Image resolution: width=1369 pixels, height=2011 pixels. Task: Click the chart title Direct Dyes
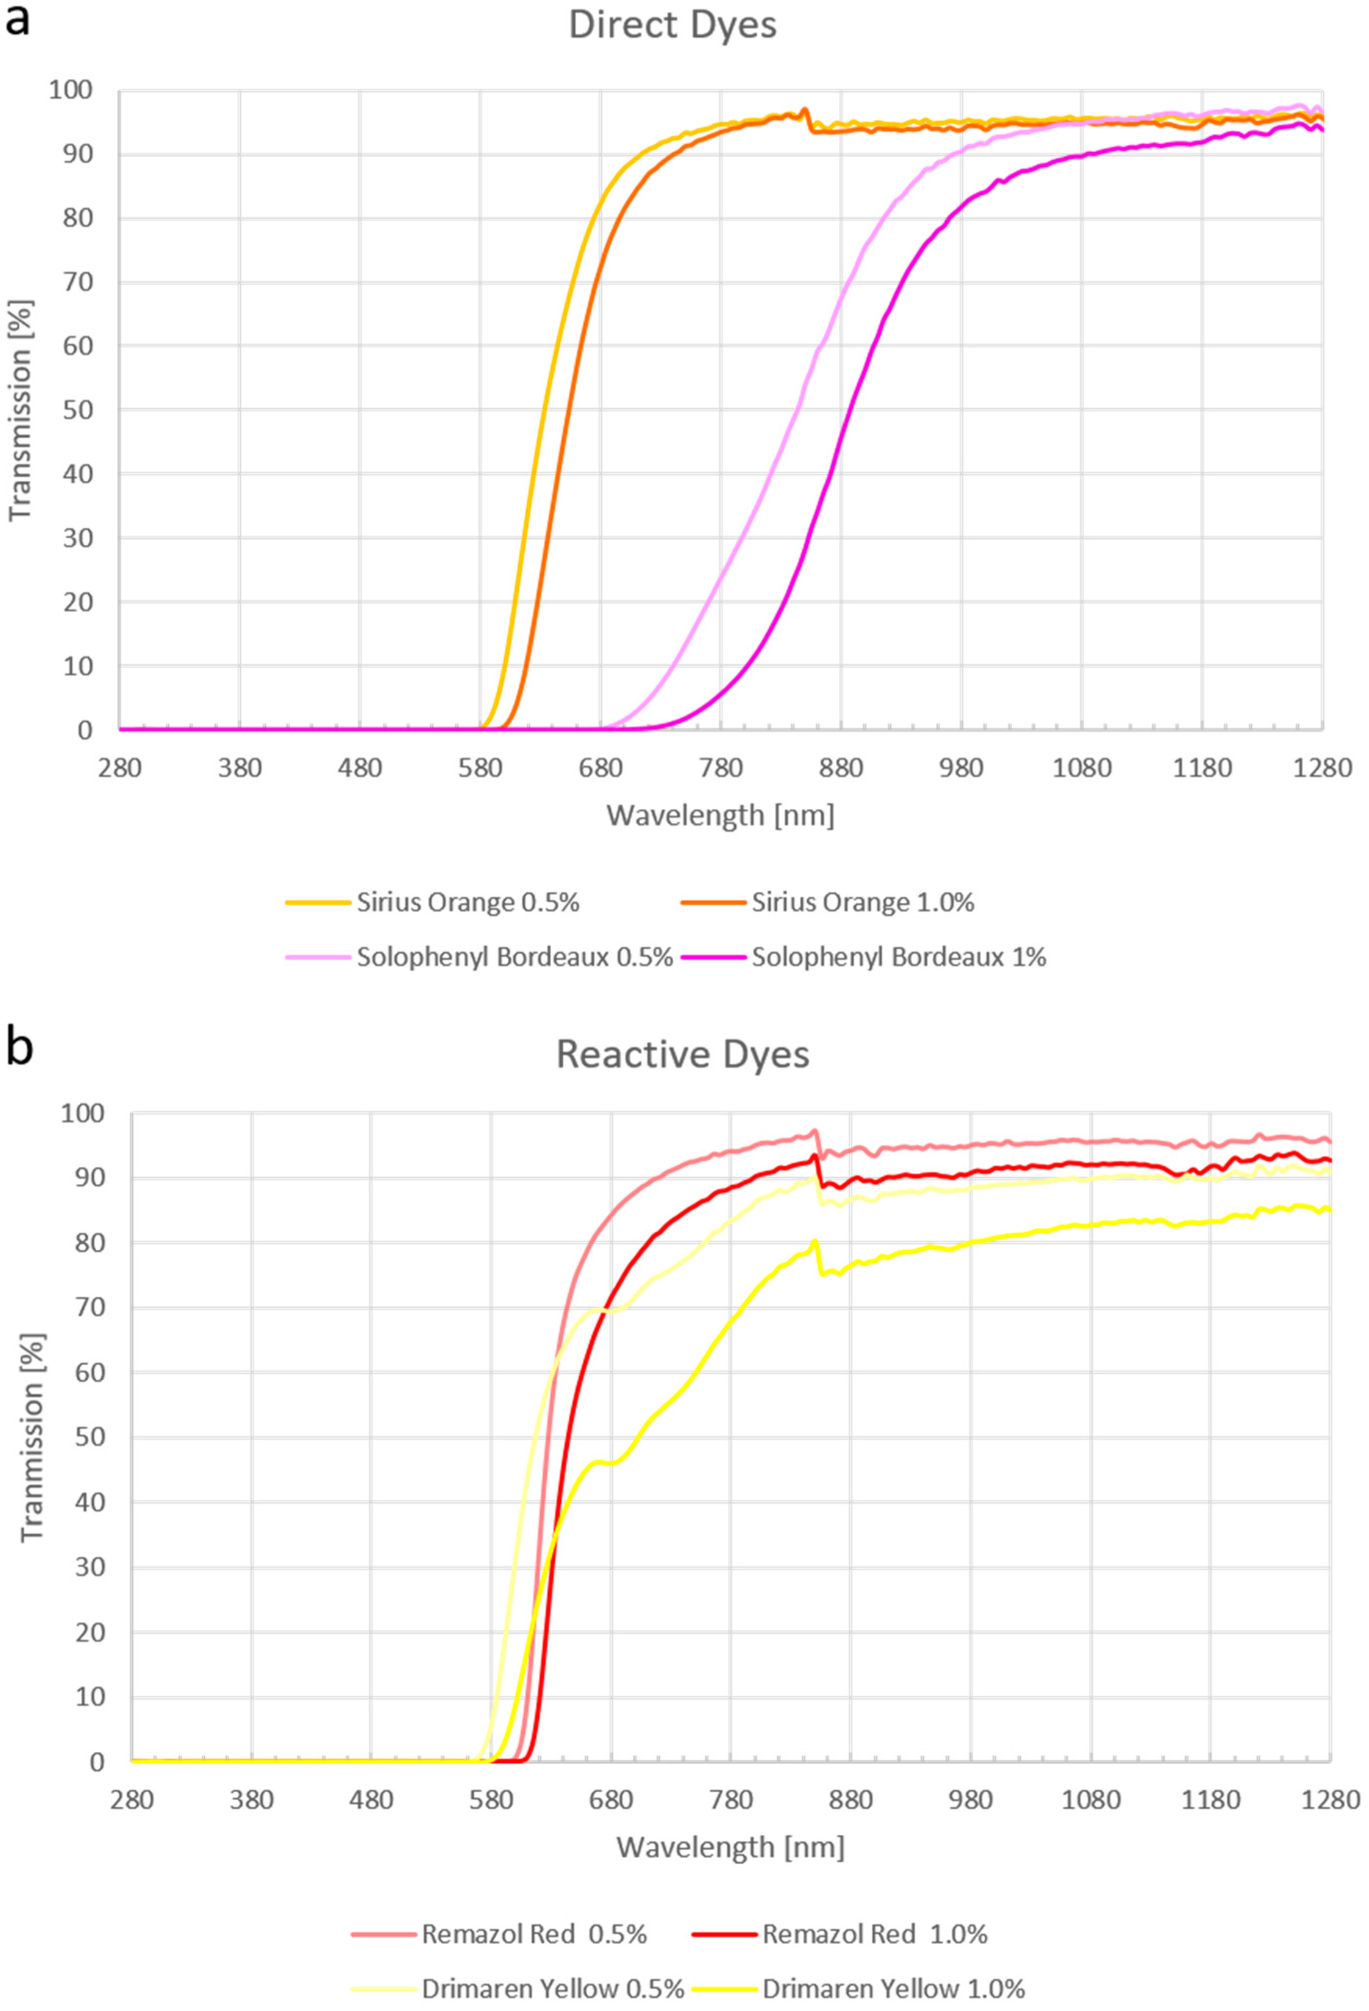(x=673, y=25)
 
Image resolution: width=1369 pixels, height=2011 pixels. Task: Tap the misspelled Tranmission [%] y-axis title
(x=32, y=1437)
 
